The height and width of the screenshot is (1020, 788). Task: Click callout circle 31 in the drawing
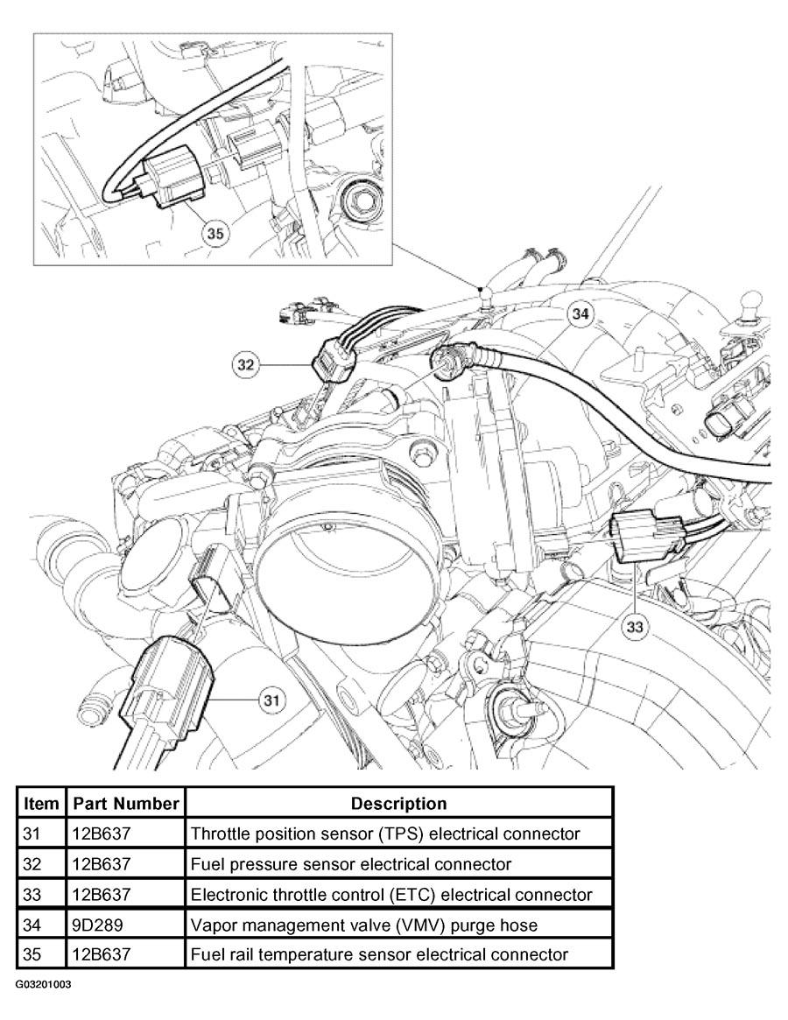click(x=272, y=700)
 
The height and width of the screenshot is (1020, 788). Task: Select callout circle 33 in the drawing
click(x=635, y=626)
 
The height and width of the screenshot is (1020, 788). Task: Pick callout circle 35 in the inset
click(x=215, y=233)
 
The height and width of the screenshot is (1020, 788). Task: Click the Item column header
click(x=41, y=804)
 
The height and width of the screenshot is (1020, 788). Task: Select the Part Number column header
click(x=125, y=804)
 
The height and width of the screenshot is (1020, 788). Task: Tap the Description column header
click(x=399, y=804)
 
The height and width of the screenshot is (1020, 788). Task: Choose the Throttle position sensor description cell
click(x=385, y=834)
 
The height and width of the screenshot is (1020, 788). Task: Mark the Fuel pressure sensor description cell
click(x=351, y=864)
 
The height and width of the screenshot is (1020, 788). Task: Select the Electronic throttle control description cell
click(x=391, y=895)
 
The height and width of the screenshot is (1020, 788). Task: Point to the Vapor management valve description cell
click(x=364, y=925)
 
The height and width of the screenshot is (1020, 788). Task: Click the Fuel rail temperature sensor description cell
click(x=379, y=955)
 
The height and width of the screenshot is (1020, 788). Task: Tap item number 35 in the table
click(x=32, y=955)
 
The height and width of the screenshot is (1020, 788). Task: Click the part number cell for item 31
click(x=102, y=834)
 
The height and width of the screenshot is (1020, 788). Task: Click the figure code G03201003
click(x=45, y=984)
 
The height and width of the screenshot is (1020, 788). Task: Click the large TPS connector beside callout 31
click(x=172, y=688)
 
